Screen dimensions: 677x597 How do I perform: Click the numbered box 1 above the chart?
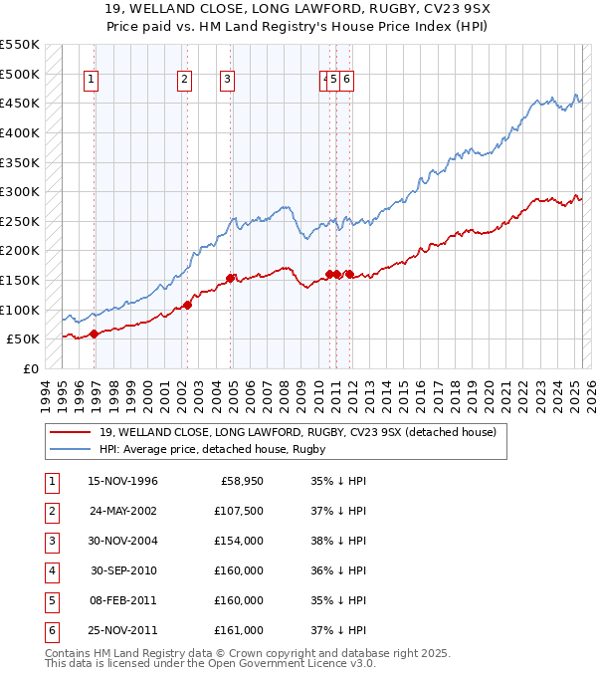point(91,82)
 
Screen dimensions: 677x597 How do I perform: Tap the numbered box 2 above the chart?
point(185,82)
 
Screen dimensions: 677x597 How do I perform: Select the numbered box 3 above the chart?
point(228,82)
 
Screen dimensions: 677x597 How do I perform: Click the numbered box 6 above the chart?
point(348,82)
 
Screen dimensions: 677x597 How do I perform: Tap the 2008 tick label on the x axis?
point(286,394)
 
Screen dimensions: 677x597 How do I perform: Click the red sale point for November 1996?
point(94,334)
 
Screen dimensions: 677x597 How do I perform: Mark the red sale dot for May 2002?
point(187,305)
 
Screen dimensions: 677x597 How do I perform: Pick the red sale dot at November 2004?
point(230,278)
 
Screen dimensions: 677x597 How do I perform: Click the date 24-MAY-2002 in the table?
point(122,511)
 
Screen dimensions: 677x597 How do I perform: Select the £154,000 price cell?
point(239,541)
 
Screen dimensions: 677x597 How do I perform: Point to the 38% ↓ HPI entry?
point(338,541)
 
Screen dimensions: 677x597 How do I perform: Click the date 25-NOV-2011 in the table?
point(122,630)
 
